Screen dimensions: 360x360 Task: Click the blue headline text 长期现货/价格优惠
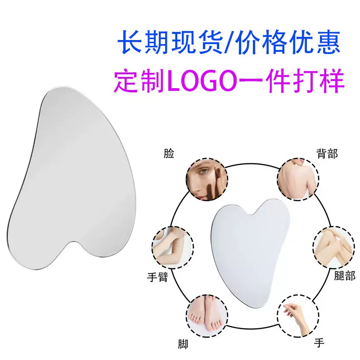tap(229, 43)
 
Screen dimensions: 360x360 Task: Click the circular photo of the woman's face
tap(206, 179)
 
